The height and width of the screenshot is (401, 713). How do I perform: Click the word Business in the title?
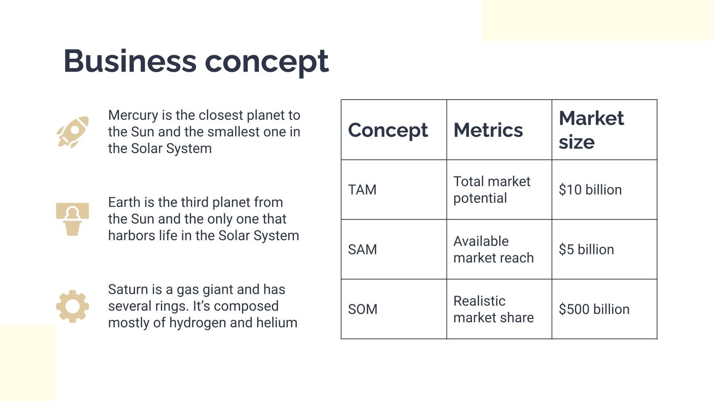tap(130, 61)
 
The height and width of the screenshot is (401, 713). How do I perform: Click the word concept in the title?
tap(266, 62)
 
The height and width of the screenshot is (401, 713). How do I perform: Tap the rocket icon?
tap(73, 132)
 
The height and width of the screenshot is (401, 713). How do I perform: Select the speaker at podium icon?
tap(72, 219)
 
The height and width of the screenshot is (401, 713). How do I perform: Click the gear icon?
tap(72, 306)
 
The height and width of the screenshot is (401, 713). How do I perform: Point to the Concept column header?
tap(388, 130)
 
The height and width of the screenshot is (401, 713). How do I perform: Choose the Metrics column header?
tap(488, 130)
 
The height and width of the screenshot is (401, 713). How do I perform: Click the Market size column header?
tap(591, 130)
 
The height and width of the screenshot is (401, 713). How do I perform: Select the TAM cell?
tap(362, 190)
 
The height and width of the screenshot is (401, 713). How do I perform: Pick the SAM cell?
tap(362, 250)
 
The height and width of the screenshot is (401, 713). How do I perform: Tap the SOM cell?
tap(363, 309)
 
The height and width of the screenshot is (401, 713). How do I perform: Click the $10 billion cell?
tap(590, 190)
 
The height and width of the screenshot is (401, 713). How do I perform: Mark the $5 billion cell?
tap(586, 250)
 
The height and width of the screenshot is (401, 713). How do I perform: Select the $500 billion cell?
tap(594, 309)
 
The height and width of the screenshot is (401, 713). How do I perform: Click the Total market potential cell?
tap(492, 190)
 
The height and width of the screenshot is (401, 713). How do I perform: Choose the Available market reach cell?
tap(493, 250)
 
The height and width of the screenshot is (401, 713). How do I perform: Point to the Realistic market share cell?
tap(493, 309)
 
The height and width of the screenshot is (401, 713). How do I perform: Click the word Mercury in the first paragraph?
tap(133, 115)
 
